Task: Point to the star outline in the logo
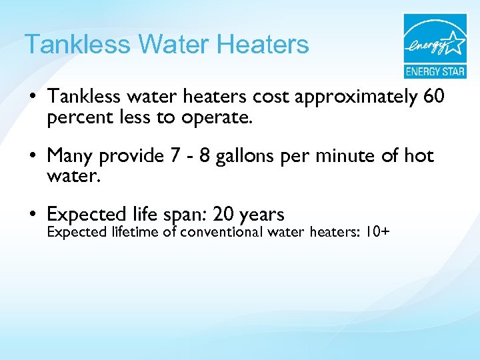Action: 454,43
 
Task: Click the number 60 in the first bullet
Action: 433,97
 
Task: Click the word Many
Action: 70,156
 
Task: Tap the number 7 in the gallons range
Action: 174,156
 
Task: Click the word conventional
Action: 222,233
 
